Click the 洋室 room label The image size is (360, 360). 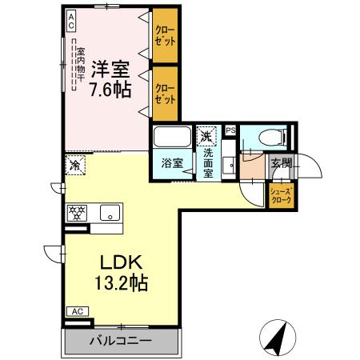pos(110,67)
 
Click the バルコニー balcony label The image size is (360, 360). pos(120,340)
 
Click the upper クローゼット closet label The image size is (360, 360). pos(165,36)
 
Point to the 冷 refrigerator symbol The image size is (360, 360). pos(74,166)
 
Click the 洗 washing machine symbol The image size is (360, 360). pos(207,135)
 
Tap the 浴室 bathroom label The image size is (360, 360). pos(173,162)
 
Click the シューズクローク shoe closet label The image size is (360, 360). pos(282,195)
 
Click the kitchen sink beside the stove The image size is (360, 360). pos(109,213)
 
